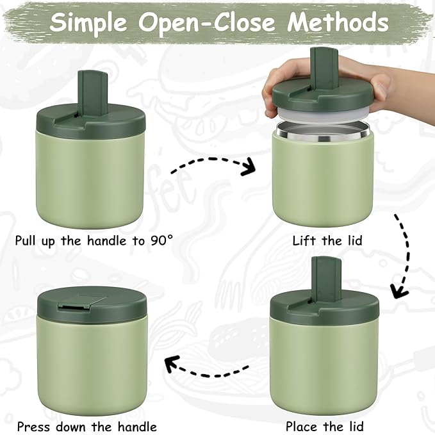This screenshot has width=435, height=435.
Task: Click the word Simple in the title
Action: tap(90, 22)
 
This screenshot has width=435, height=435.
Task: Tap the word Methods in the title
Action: tap(338, 22)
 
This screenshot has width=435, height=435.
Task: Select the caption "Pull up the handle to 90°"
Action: tap(94, 241)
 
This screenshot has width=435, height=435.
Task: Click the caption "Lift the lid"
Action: tap(327, 241)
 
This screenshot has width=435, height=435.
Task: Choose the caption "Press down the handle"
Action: tap(86, 425)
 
